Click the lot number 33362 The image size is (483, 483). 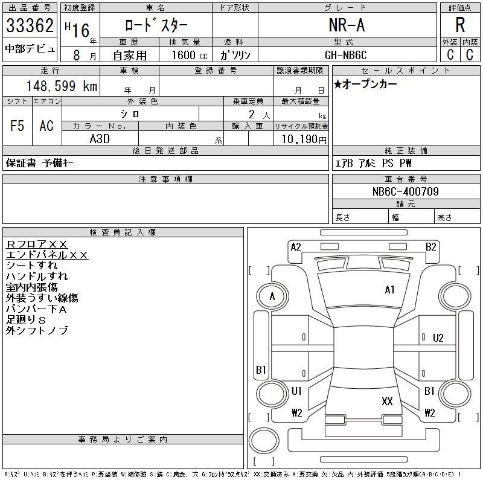tap(30, 26)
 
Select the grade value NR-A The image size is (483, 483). tap(347, 26)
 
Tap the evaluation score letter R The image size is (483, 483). tap(460, 26)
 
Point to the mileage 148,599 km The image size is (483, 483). tap(60, 86)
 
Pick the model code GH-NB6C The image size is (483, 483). tap(347, 54)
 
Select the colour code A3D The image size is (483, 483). tap(100, 138)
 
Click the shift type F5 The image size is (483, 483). tap(17, 126)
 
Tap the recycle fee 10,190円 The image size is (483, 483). tap(300, 139)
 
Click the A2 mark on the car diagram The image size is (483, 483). tap(296, 246)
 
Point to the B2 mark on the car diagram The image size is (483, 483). tap(430, 246)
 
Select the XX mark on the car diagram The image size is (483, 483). tap(388, 401)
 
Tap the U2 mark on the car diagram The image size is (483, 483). tap(438, 337)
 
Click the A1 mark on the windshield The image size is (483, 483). tap(389, 290)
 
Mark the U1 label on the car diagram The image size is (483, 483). tap(296, 391)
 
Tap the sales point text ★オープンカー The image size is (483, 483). tap(365, 85)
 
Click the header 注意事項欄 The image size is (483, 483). tap(165, 179)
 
